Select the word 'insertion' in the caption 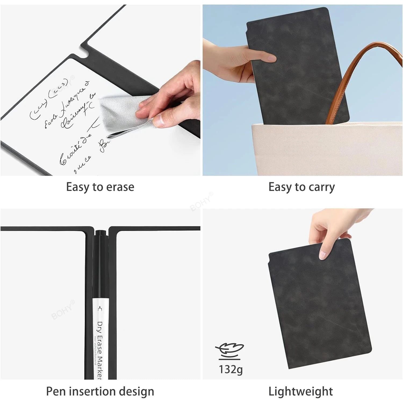coord(94,391)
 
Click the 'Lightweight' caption coord(301,391)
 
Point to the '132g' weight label coord(231,369)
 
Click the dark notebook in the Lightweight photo coord(320,304)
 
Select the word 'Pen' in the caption coord(56,391)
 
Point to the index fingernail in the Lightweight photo coord(322,254)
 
